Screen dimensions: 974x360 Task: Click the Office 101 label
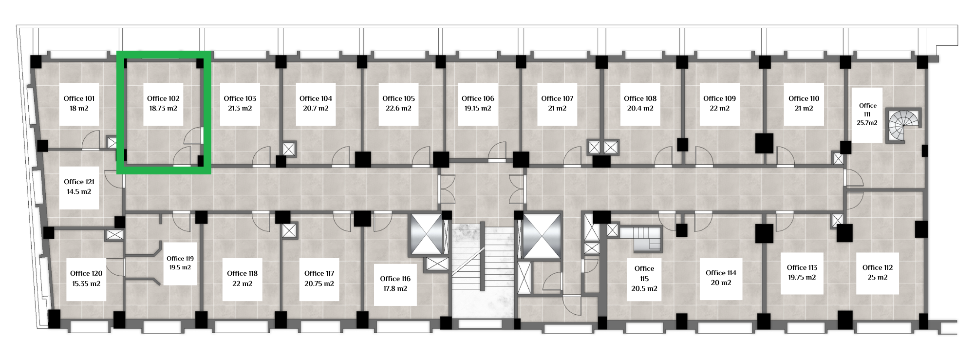tap(79, 98)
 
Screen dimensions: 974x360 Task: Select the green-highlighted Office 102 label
tap(163, 98)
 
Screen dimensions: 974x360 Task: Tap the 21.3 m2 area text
tap(240, 108)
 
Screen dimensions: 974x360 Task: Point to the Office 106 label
tap(478, 98)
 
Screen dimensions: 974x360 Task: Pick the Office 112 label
tap(878, 267)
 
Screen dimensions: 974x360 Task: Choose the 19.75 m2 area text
tap(802, 277)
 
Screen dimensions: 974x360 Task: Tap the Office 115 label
tap(644, 273)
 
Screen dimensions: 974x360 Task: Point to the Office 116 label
tap(395, 279)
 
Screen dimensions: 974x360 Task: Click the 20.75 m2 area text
tap(319, 284)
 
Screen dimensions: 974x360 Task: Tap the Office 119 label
tap(180, 259)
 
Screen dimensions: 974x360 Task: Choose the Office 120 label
tap(86, 273)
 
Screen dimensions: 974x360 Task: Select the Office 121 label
tap(79, 182)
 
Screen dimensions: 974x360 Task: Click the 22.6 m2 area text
tap(398, 108)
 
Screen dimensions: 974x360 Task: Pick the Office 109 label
tap(719, 98)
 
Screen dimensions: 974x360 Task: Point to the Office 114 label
tap(721, 273)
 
